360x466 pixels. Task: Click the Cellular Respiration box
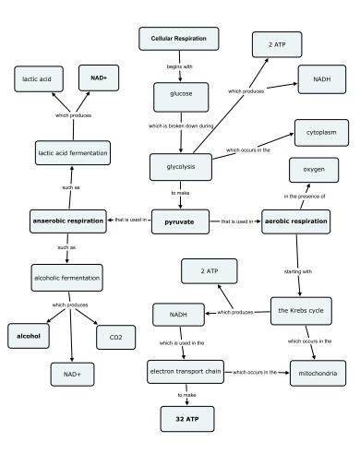(178, 39)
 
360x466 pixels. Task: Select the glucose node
(181, 95)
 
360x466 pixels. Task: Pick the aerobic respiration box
(297, 222)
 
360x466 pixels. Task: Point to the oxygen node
(306, 172)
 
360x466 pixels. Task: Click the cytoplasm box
(320, 133)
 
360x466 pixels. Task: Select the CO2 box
(115, 336)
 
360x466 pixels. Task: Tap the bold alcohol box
(29, 336)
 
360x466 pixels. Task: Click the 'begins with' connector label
(179, 67)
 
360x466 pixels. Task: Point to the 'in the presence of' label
(306, 196)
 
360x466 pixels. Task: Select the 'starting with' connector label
(296, 271)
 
